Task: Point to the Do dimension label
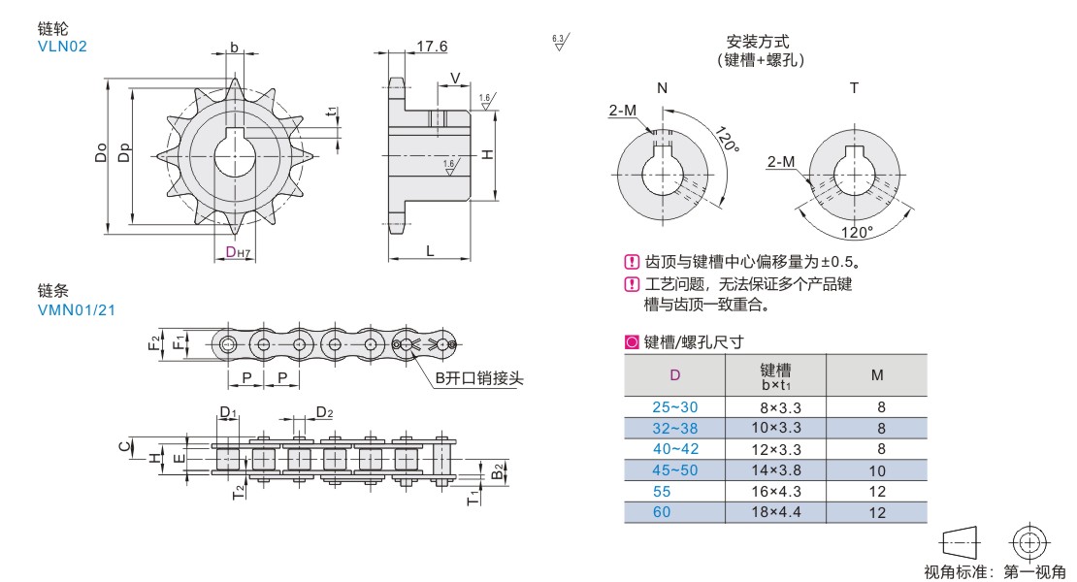click(101, 153)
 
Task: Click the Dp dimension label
click(123, 153)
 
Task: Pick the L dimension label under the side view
click(429, 251)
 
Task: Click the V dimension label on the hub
click(454, 78)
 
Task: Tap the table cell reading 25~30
click(675, 406)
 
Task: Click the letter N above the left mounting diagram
click(663, 88)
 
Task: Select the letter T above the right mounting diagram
click(854, 88)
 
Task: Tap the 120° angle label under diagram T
click(857, 233)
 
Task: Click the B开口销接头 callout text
click(478, 378)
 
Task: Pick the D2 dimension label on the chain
click(324, 413)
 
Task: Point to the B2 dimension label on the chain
click(497, 472)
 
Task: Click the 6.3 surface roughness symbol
click(559, 42)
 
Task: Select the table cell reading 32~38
click(675, 428)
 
